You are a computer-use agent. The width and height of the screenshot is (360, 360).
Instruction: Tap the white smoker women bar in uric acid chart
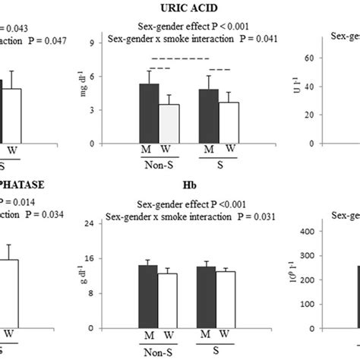(228, 123)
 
